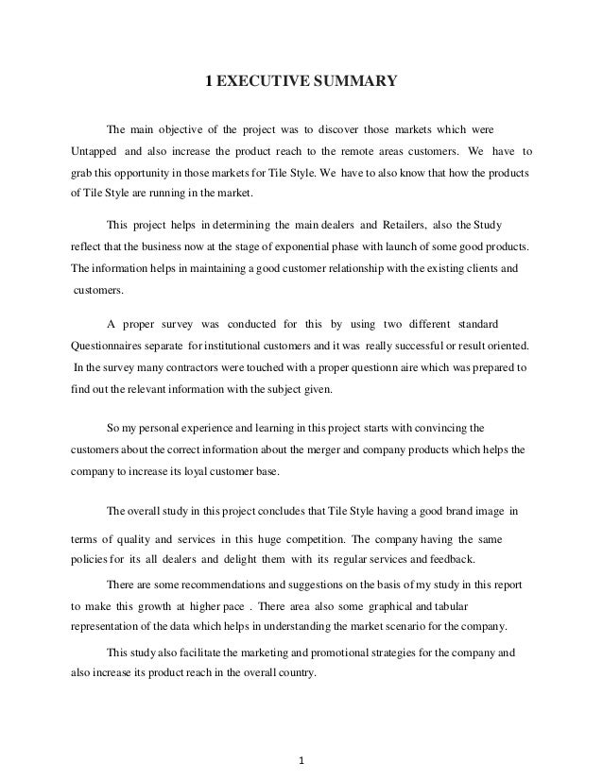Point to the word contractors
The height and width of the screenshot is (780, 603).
[181, 365]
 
